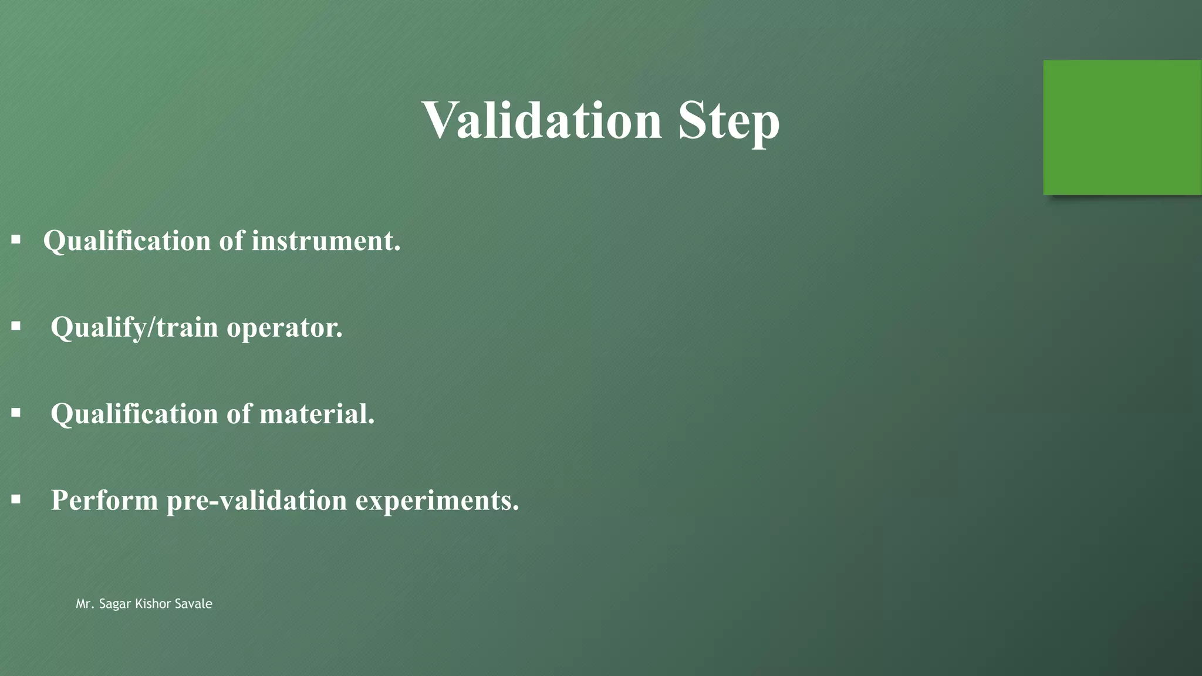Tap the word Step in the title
pyautogui.click(x=728, y=121)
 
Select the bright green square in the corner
pyautogui.click(x=1122, y=127)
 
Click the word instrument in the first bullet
pyautogui.click(x=326, y=241)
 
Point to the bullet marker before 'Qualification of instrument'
pyautogui.click(x=16, y=239)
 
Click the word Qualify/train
pyautogui.click(x=134, y=327)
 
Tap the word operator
pyautogui.click(x=285, y=327)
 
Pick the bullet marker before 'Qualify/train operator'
pyautogui.click(x=16, y=326)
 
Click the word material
pyautogui.click(x=316, y=414)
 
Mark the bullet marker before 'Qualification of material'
pyautogui.click(x=16, y=413)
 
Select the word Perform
pyautogui.click(x=104, y=500)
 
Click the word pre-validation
pyautogui.click(x=257, y=500)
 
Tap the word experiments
pyautogui.click(x=437, y=501)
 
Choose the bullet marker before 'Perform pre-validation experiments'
pyautogui.click(x=16, y=499)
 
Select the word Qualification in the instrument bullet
pyautogui.click(x=127, y=241)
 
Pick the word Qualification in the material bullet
pyautogui.click(x=134, y=414)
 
